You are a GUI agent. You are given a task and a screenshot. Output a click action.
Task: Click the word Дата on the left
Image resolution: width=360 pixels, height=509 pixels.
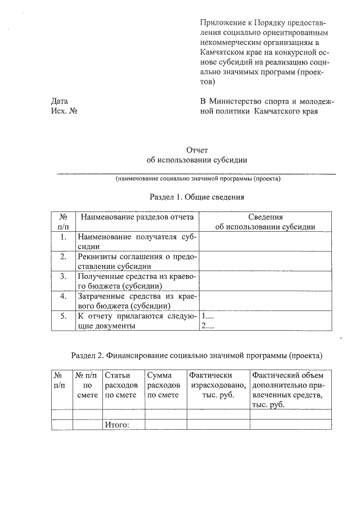click(x=59, y=101)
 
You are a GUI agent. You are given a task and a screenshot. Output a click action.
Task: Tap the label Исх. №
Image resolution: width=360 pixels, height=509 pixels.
click(x=64, y=111)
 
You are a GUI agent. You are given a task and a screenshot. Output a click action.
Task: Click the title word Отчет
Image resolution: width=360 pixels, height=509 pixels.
click(x=197, y=150)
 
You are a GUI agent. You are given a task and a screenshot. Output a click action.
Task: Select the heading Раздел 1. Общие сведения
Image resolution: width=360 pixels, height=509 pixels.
click(x=196, y=197)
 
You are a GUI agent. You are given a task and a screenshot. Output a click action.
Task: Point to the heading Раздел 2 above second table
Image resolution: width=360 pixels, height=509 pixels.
click(x=196, y=355)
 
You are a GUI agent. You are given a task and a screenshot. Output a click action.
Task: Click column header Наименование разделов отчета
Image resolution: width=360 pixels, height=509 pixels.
click(x=137, y=217)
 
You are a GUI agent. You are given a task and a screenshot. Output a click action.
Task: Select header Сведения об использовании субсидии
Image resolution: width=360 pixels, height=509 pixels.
click(x=265, y=222)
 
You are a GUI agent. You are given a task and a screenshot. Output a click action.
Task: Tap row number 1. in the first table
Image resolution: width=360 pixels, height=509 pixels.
click(x=64, y=237)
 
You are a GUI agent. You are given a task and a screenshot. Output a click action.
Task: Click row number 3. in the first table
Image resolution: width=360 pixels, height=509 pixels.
click(x=64, y=276)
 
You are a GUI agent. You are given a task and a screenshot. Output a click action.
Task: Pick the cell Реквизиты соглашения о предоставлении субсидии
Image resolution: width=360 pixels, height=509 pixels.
click(x=137, y=261)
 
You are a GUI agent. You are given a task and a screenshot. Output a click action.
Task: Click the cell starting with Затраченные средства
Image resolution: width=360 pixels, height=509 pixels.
click(x=137, y=300)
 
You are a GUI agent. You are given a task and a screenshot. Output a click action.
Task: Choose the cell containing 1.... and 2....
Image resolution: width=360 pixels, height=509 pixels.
click(x=265, y=321)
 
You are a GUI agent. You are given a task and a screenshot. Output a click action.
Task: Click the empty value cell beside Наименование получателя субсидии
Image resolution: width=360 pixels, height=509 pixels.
click(x=265, y=241)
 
